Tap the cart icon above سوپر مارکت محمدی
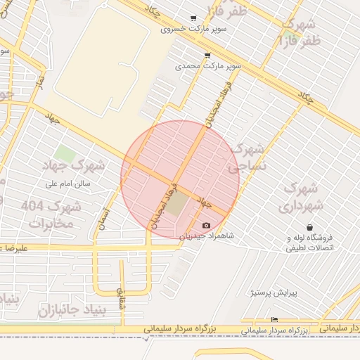pyautogui.click(x=207, y=54)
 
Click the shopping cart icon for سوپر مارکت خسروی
pyautogui.click(x=193, y=18)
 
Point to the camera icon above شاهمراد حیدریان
pyautogui.click(x=206, y=226)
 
